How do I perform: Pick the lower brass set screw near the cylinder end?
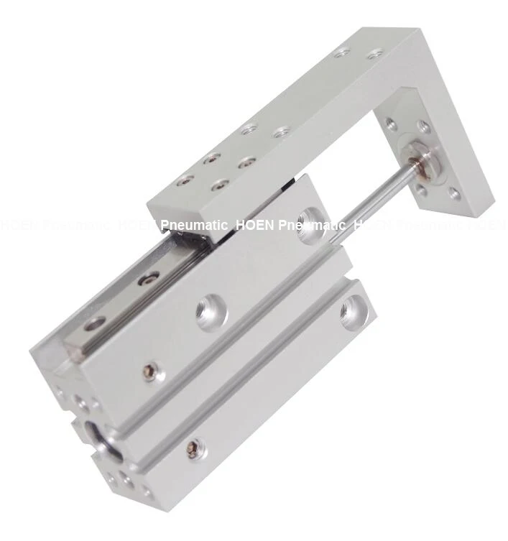(192, 449)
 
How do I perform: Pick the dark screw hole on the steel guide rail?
(150, 278)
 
